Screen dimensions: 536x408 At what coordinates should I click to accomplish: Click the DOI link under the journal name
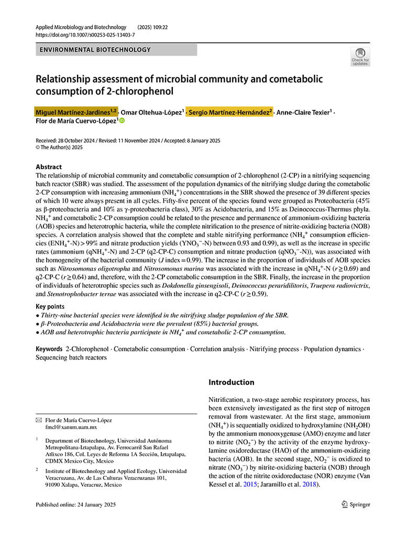click(x=85, y=35)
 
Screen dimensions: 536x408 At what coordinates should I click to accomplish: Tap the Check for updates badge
click(x=360, y=56)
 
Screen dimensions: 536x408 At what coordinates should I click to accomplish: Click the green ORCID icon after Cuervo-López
click(x=122, y=121)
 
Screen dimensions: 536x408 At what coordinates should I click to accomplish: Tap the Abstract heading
click(x=49, y=167)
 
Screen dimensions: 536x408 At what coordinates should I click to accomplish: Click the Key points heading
click(x=50, y=306)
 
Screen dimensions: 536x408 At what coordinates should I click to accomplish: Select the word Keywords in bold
click(x=49, y=349)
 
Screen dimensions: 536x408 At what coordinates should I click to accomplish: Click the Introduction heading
click(x=231, y=382)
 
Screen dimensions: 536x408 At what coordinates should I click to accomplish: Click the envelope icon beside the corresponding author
click(x=39, y=420)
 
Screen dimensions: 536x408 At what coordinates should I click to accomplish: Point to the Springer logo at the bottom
click(x=356, y=504)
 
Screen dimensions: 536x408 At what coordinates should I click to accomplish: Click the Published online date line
click(x=75, y=505)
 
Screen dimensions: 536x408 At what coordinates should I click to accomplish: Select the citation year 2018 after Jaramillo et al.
click(x=310, y=484)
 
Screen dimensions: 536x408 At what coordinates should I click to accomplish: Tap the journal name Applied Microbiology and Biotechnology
click(x=81, y=27)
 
